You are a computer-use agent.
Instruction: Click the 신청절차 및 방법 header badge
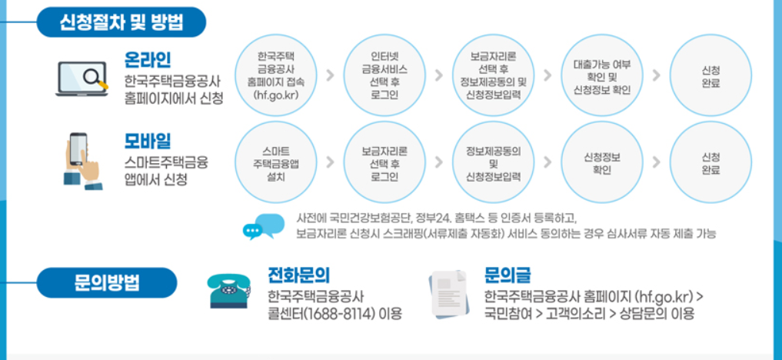coord(121,22)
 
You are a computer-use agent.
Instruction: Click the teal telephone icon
coord(229,290)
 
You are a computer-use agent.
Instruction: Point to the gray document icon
coord(448,293)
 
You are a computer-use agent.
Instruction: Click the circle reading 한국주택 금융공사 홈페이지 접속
coord(275,75)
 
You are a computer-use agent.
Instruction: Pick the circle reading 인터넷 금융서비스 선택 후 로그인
coord(384,75)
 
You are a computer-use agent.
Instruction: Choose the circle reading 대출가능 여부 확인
coord(602,75)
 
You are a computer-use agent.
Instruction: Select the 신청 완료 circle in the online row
coord(711,75)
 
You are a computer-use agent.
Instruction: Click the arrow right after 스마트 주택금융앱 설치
coord(329,162)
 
